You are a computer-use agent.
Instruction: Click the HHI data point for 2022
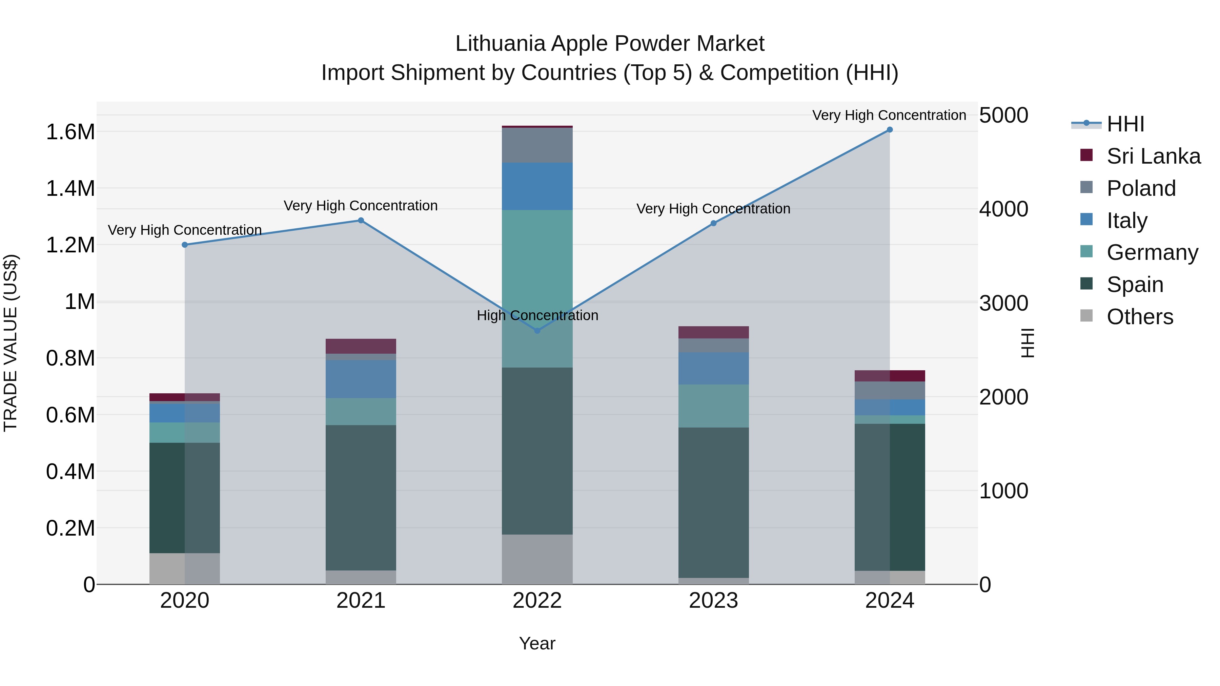point(537,330)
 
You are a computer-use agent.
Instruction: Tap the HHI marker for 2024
point(890,130)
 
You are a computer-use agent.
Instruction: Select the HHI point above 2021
point(361,220)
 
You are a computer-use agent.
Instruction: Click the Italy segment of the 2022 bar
point(537,186)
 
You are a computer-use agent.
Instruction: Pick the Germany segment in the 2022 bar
point(537,288)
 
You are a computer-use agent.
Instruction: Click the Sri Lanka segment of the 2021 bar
point(361,346)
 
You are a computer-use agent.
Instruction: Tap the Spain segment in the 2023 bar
point(713,502)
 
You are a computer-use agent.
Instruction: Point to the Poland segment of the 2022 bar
point(537,145)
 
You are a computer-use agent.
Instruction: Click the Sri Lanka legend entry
point(1153,156)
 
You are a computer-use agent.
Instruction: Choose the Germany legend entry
point(1152,252)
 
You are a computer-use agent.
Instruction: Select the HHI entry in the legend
point(1125,124)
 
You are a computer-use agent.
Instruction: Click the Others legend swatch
point(1086,316)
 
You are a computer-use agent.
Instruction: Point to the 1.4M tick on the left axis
point(70,188)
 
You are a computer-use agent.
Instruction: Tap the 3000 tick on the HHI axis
point(1003,303)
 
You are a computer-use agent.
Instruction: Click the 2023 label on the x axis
point(713,601)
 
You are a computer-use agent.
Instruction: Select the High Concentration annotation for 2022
point(537,315)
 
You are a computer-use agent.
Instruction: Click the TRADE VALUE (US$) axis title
point(11,343)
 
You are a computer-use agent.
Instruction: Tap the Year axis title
point(537,643)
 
